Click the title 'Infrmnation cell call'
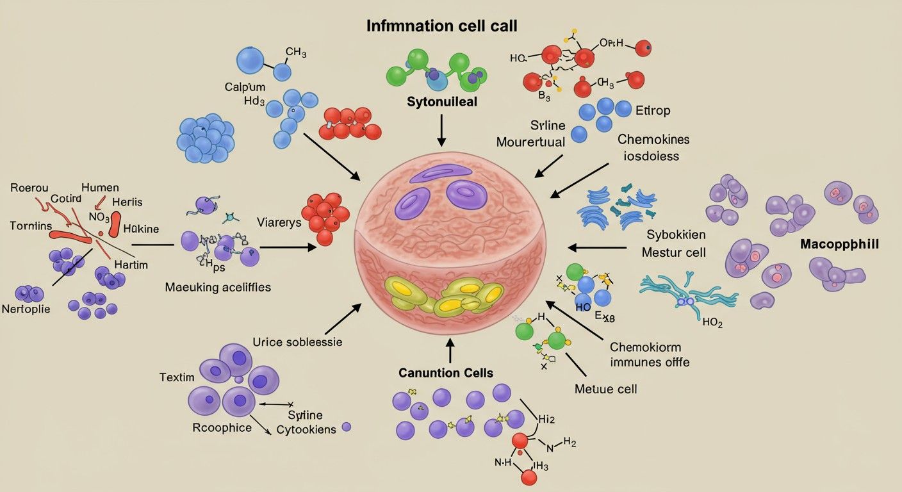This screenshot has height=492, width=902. coord(441,26)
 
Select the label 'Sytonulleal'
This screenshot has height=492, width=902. coord(441,102)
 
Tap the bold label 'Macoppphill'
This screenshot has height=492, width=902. coord(839,245)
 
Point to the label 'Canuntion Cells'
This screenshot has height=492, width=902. coord(446,373)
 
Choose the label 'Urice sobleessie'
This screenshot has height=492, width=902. coord(297,342)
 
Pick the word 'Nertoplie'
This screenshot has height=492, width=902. coord(26,309)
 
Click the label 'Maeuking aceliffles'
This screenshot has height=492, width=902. coord(218,288)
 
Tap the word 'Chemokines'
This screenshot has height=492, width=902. coord(653,139)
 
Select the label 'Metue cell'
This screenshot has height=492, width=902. coord(605,388)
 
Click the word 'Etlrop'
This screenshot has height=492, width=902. coord(653,110)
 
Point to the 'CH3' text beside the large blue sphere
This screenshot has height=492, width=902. coord(295,52)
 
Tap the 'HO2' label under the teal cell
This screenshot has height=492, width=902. coord(712,323)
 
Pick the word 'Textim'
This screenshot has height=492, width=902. coord(176,377)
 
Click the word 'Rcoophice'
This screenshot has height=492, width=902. coord(222,427)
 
